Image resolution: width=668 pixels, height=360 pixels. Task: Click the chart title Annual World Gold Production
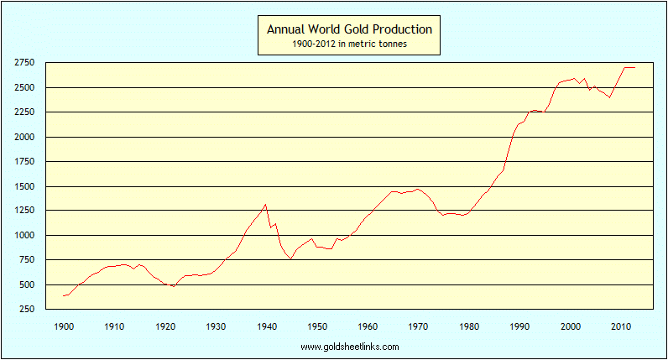tap(349, 29)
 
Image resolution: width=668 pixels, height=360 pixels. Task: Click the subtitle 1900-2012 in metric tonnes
tap(349, 44)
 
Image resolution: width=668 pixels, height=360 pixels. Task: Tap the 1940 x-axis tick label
tap(267, 326)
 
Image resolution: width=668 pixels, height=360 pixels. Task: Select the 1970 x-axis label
tap(419, 326)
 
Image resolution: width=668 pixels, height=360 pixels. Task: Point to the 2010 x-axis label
tap(621, 326)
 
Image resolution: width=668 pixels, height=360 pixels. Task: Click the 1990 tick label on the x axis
tap(520, 326)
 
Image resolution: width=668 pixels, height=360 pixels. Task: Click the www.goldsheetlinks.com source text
tap(349, 346)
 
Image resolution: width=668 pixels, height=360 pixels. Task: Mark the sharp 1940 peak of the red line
tap(266, 204)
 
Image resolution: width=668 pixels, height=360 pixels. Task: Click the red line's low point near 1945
tap(290, 259)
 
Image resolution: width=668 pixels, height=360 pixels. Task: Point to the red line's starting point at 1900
tap(64, 296)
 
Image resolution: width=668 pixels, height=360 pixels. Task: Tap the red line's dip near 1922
tap(174, 286)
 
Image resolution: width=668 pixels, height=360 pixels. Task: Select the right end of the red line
tap(635, 67)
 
